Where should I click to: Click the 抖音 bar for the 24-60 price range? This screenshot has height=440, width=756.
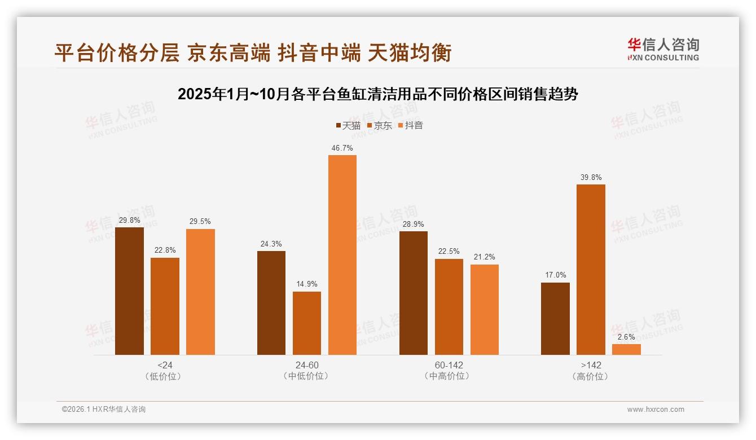coord(342,255)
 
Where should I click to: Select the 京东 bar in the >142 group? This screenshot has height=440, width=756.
coord(591,270)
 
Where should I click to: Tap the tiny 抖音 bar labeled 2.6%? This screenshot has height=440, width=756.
coord(626,349)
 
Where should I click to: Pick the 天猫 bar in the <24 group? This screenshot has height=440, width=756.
coord(129,291)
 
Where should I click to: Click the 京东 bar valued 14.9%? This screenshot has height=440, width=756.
coord(307,323)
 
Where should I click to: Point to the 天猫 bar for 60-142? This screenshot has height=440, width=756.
coord(414,293)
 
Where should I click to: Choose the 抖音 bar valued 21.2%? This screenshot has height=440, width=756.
coord(484,310)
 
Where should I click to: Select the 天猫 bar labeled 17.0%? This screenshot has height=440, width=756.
coord(555,319)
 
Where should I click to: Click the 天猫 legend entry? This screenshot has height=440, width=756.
coord(348,126)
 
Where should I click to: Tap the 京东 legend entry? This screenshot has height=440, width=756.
coord(380,126)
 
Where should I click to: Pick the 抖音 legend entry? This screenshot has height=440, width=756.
coord(411,126)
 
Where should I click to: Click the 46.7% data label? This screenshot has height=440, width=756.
coord(342,148)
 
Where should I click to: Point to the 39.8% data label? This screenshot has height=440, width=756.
coord(591,177)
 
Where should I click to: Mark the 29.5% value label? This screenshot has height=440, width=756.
coord(200,222)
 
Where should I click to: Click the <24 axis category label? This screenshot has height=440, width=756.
coord(165,365)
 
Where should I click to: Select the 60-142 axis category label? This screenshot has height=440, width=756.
coord(449,365)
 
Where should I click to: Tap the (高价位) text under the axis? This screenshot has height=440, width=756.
coord(591,376)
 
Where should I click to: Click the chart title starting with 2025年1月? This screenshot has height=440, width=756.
coord(377,94)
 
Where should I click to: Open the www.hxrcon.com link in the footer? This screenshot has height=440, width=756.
coord(656,410)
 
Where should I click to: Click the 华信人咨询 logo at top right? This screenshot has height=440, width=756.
coord(663,49)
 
